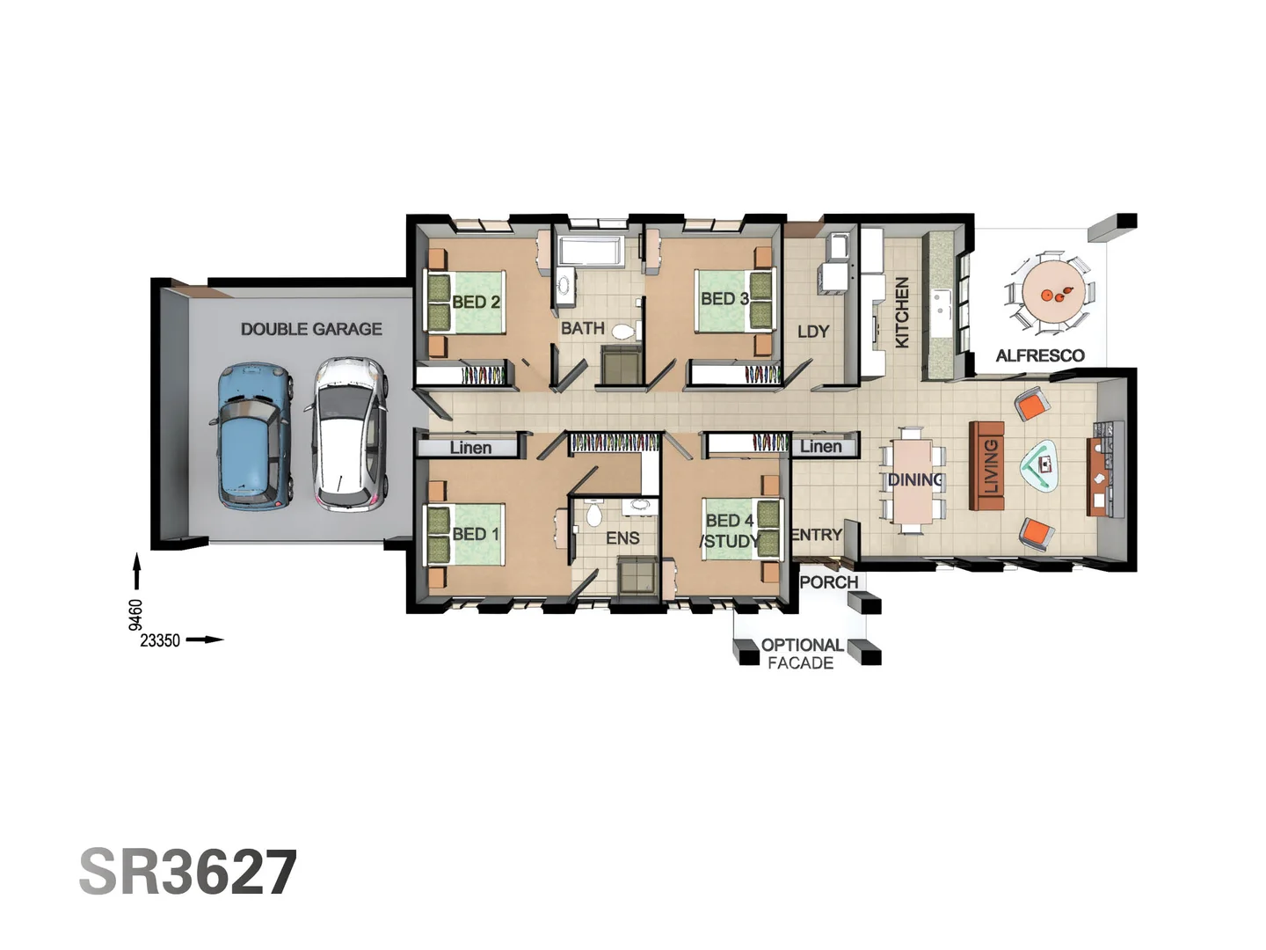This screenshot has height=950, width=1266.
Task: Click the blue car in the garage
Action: click(x=253, y=436)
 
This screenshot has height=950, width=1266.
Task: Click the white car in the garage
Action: click(x=348, y=434)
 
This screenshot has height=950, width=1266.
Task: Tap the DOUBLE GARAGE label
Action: click(x=311, y=329)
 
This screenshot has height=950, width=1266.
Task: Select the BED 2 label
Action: click(x=476, y=302)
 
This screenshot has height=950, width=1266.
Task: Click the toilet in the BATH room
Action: click(x=623, y=332)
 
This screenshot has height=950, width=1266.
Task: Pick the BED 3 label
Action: click(x=724, y=299)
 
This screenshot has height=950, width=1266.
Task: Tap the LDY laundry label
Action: click(x=812, y=332)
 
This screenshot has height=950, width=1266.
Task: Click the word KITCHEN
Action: click(x=902, y=312)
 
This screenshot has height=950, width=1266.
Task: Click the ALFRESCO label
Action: click(x=1040, y=355)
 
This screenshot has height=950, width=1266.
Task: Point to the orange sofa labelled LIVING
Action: click(x=987, y=465)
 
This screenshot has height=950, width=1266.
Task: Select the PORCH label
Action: click(x=828, y=582)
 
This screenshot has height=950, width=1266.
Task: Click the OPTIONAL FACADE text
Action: click(x=801, y=654)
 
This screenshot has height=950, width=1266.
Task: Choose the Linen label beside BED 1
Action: click(x=470, y=448)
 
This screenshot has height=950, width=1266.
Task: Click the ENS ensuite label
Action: click(x=622, y=537)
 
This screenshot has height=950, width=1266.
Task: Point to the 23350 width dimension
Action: click(x=160, y=640)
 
